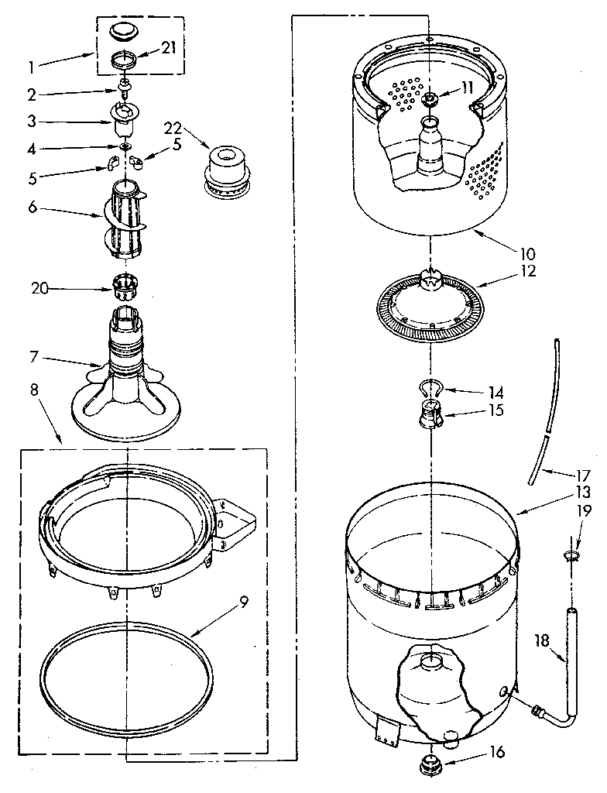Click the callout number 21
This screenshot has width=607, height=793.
[169, 48]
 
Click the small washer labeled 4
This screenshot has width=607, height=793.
[124, 146]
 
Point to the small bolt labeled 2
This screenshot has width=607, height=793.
[124, 86]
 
